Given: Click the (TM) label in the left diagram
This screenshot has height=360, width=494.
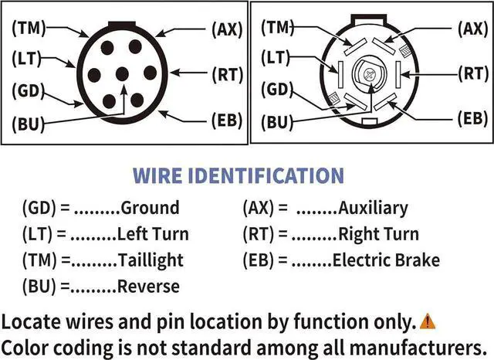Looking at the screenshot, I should [28, 27].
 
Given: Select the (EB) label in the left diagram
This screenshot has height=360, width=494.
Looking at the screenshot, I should [227, 121].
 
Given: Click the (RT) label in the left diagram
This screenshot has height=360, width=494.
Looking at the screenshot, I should [227, 75].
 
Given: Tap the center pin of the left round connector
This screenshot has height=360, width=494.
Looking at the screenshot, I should [121, 74].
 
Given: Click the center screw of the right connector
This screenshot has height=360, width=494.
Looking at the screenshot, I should [369, 75].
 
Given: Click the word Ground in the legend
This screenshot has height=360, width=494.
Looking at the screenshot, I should [150, 208].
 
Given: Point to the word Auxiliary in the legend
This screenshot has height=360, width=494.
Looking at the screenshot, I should [373, 208].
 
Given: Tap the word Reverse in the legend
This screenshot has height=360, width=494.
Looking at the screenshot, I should [148, 287].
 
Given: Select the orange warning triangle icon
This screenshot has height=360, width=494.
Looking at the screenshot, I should [428, 321].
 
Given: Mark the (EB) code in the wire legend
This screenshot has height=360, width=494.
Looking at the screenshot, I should [260, 260].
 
